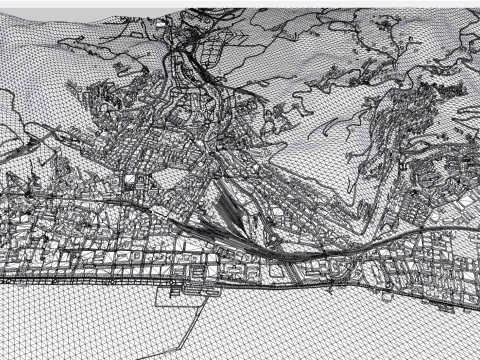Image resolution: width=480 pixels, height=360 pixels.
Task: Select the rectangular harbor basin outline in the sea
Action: pos(186,293)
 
